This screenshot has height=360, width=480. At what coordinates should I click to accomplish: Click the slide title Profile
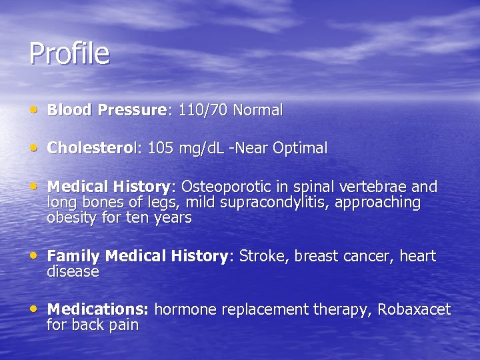coord(69,54)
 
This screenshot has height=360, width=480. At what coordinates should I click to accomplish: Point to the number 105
coord(160,149)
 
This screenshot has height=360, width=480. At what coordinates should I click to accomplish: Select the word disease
coord(73,272)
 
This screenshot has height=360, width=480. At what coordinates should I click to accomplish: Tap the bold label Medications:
coord(98,309)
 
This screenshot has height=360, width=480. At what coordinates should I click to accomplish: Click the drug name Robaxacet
coord(413,309)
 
